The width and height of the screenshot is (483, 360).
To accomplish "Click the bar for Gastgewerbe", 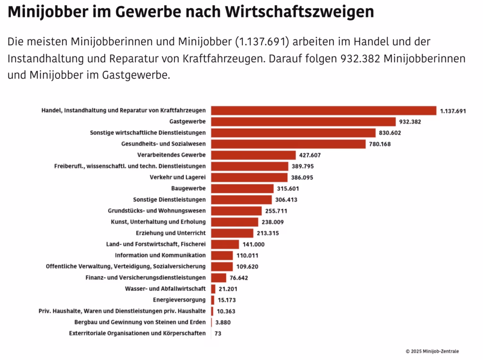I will (303, 122).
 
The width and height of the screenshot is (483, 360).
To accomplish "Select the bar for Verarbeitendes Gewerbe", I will (253, 155).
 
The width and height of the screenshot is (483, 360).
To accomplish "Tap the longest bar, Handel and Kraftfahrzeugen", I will (324, 111).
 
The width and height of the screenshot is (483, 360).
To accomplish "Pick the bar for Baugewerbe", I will (242, 188).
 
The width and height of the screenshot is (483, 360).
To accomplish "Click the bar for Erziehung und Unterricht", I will (232, 233).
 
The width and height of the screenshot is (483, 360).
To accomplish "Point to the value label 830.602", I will (392, 133).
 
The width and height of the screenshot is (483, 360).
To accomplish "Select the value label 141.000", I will (254, 244).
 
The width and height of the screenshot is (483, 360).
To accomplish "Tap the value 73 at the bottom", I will (218, 333).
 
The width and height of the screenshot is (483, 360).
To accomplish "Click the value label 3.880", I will (223, 322).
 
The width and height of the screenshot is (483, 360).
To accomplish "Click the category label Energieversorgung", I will (179, 300).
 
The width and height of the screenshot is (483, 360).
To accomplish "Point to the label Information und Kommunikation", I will (160, 255).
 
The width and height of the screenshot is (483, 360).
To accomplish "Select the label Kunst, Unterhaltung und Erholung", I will (158, 222).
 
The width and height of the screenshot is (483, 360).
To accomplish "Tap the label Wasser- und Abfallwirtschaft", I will (165, 289).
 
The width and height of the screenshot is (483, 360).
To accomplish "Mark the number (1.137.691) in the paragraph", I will (261, 41).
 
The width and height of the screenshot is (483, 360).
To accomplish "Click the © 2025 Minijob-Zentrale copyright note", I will (432, 351).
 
